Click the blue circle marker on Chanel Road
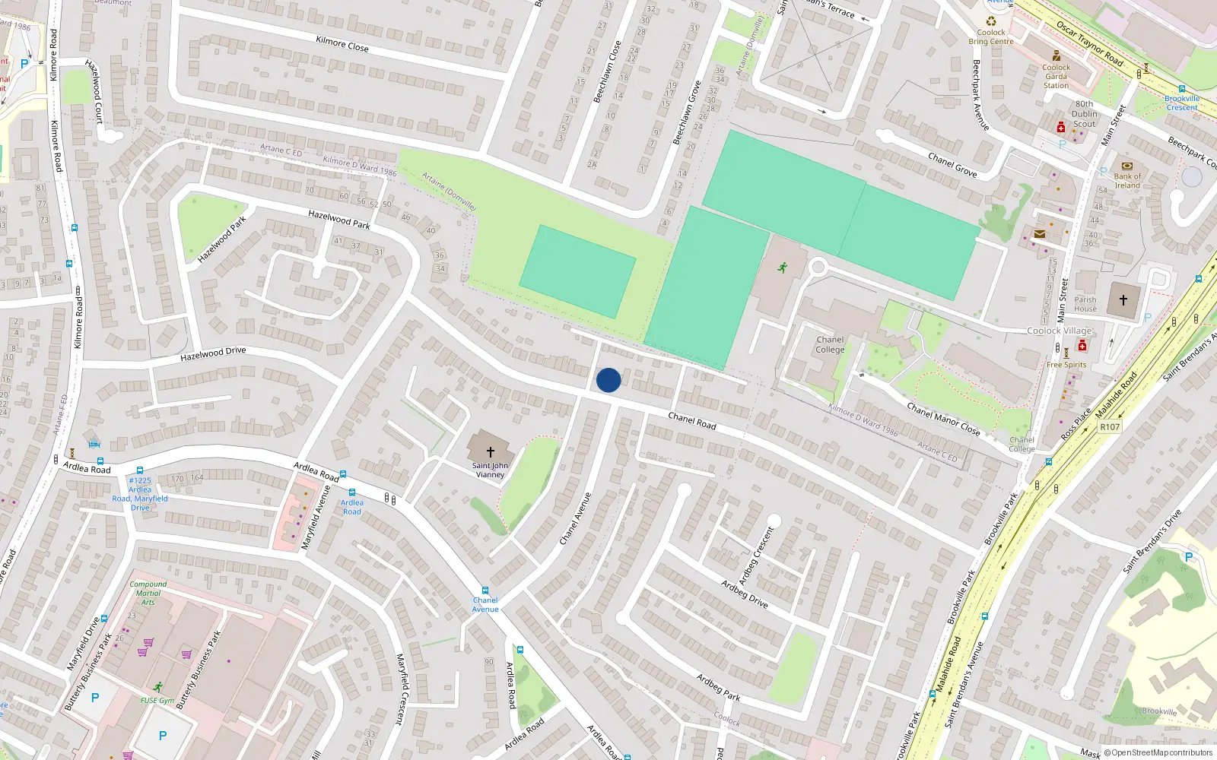click(608, 380)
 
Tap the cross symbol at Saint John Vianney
click(491, 451)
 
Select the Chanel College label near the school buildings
click(830, 345)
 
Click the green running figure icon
click(783, 268)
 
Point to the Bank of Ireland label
click(1127, 181)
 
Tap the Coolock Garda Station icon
click(1057, 55)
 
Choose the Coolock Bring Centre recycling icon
click(991, 21)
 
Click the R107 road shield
click(1110, 427)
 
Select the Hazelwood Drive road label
click(213, 353)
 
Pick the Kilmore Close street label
click(342, 44)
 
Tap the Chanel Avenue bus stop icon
click(485, 591)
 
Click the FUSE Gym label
click(157, 701)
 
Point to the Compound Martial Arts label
click(148, 593)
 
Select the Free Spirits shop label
click(1066, 365)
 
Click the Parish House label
click(1085, 304)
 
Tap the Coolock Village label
click(1060, 331)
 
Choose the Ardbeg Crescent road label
click(756, 556)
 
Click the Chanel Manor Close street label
click(943, 420)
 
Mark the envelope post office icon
click(1039, 234)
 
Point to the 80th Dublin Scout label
click(1085, 114)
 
